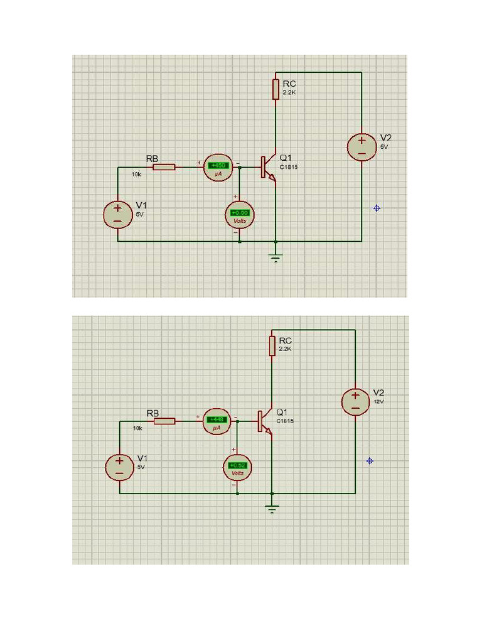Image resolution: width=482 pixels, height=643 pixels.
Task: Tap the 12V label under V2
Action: coord(378,401)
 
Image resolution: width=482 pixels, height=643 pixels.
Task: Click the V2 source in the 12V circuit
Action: coord(355,402)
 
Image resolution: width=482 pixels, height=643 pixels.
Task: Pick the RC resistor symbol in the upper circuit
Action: coord(276,89)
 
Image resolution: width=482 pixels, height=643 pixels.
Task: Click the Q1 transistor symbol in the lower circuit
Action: coord(264,421)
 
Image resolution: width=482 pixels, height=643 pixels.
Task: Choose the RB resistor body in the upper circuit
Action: coord(164,167)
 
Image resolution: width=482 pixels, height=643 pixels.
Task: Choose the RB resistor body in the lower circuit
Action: coord(164,421)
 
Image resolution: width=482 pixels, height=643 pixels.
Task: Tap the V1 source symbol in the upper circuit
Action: coord(117,215)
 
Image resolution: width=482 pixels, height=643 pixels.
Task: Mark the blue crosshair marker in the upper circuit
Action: coord(377,208)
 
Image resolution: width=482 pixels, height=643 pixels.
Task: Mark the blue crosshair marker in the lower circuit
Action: coord(370,461)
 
